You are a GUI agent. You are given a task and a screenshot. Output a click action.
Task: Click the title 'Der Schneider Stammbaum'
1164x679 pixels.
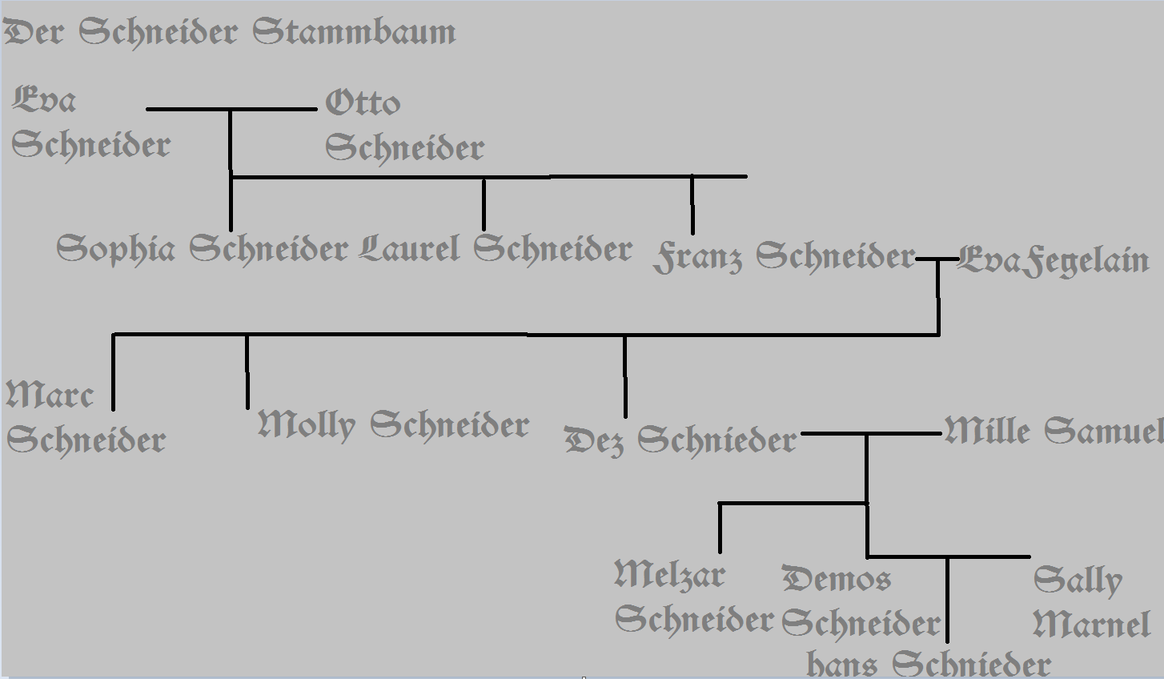coord(231,33)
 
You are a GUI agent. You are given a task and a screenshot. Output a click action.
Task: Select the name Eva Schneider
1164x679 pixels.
coord(90,123)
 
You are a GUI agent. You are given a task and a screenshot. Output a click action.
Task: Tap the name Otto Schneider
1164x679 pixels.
coord(403,126)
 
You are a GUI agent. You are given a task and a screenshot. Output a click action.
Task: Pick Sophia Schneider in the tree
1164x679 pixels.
coord(202,249)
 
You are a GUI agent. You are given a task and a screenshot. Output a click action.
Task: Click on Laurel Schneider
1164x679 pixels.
coord(496,249)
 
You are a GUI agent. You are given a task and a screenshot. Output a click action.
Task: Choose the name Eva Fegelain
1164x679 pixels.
coord(1053,261)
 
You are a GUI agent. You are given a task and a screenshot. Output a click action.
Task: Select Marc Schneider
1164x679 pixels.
coord(86,418)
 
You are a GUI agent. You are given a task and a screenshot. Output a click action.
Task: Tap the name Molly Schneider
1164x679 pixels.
coord(393,424)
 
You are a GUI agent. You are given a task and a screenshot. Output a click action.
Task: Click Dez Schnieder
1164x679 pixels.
coord(680,440)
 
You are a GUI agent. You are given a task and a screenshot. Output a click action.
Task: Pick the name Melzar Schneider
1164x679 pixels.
coord(693,597)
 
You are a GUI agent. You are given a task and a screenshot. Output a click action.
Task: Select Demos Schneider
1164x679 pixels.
coord(860,601)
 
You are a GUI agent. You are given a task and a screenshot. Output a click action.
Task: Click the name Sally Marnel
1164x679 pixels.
coord(1091,603)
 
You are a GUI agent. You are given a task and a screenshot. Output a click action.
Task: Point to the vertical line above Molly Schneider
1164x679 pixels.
coord(247,372)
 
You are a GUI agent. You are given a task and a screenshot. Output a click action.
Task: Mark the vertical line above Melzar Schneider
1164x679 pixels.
coord(720,528)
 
